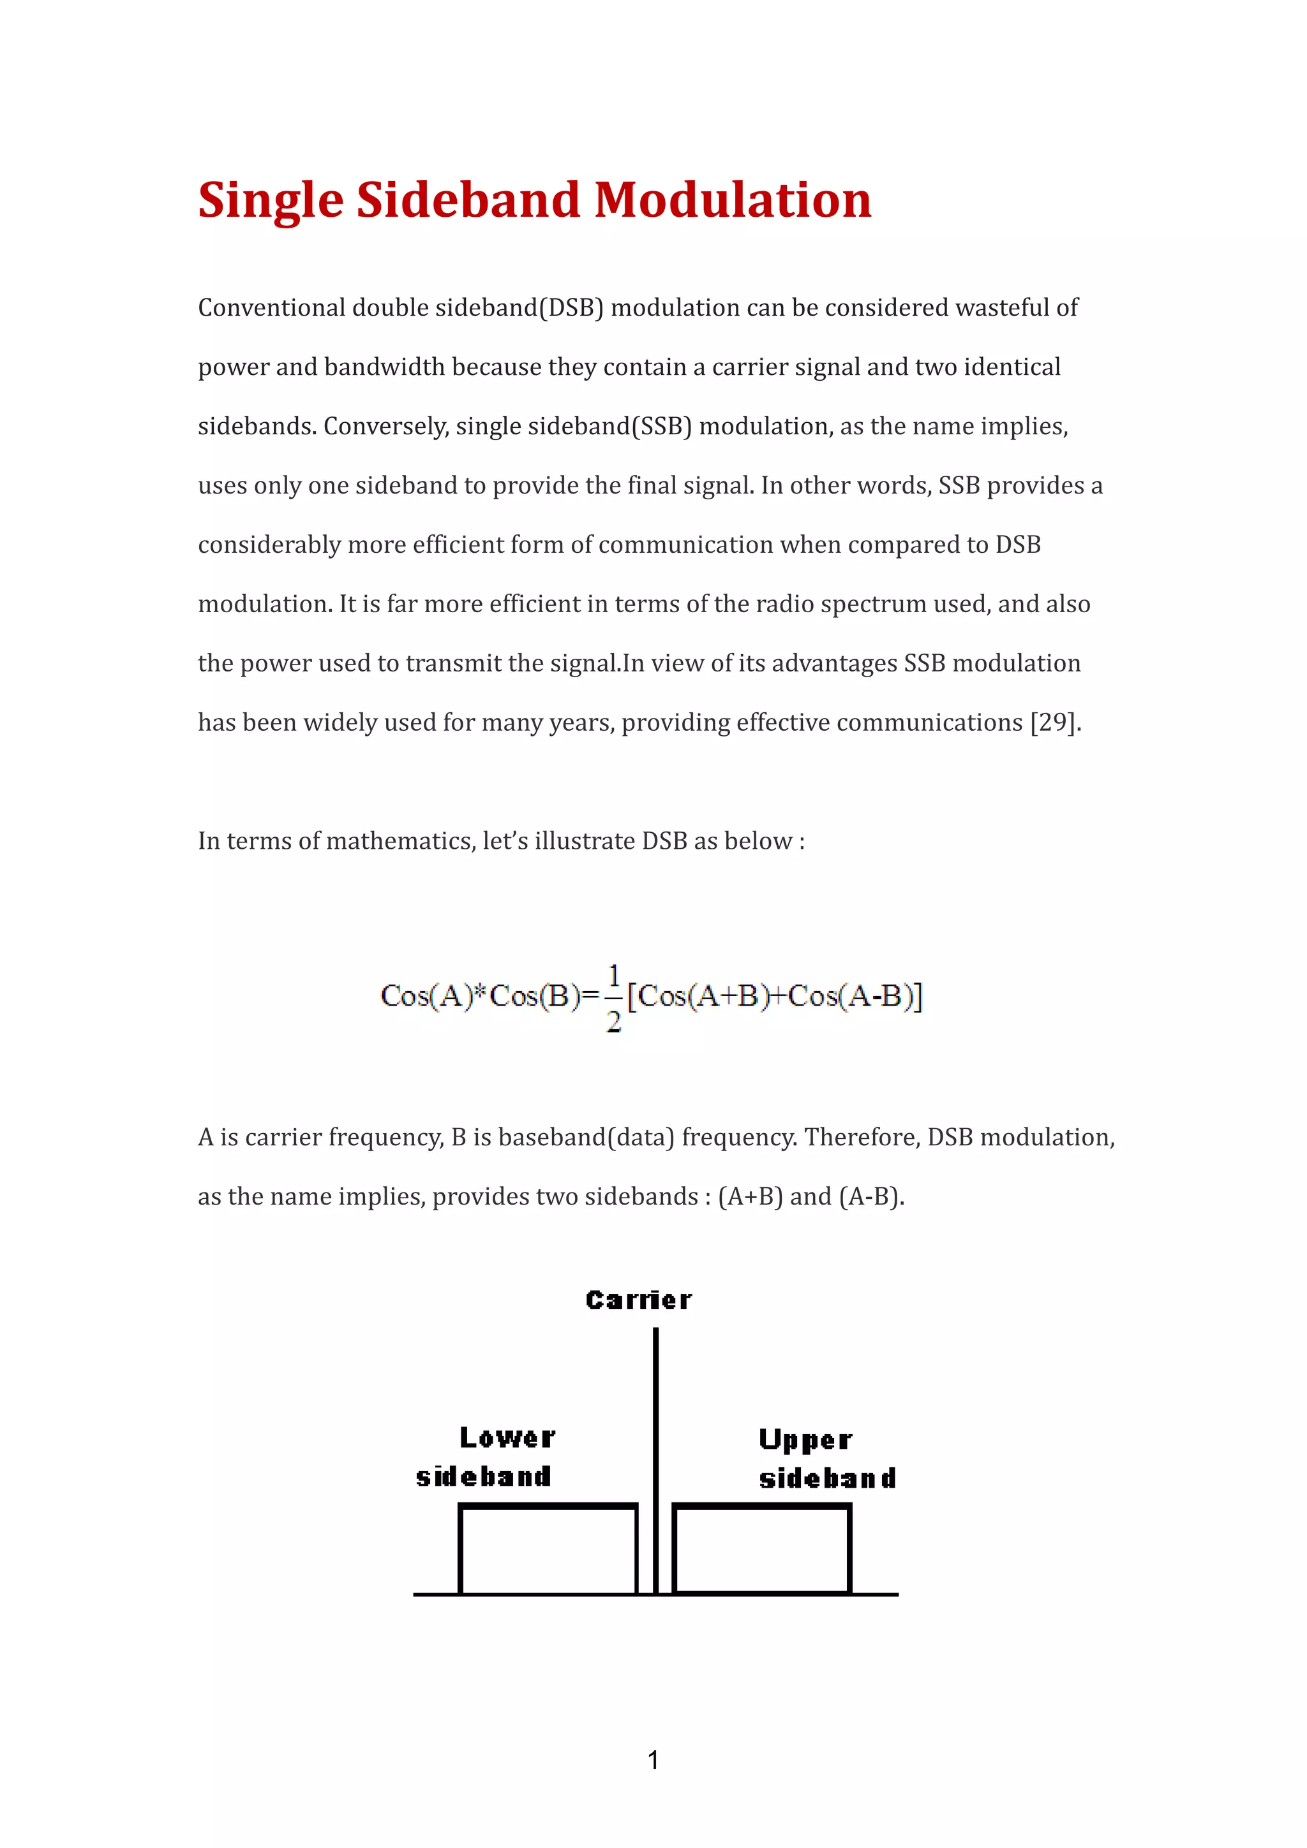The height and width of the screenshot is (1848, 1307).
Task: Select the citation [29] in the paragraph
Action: point(1052,722)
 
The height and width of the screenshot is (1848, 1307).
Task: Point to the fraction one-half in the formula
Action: point(614,998)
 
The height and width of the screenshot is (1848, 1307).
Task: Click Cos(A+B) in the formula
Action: point(698,997)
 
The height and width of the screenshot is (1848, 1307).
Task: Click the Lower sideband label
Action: point(486,1457)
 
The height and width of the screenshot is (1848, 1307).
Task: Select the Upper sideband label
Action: point(827,1459)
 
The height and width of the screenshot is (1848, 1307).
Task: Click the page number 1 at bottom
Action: point(653,1760)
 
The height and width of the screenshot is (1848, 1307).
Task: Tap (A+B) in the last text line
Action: point(750,1197)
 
